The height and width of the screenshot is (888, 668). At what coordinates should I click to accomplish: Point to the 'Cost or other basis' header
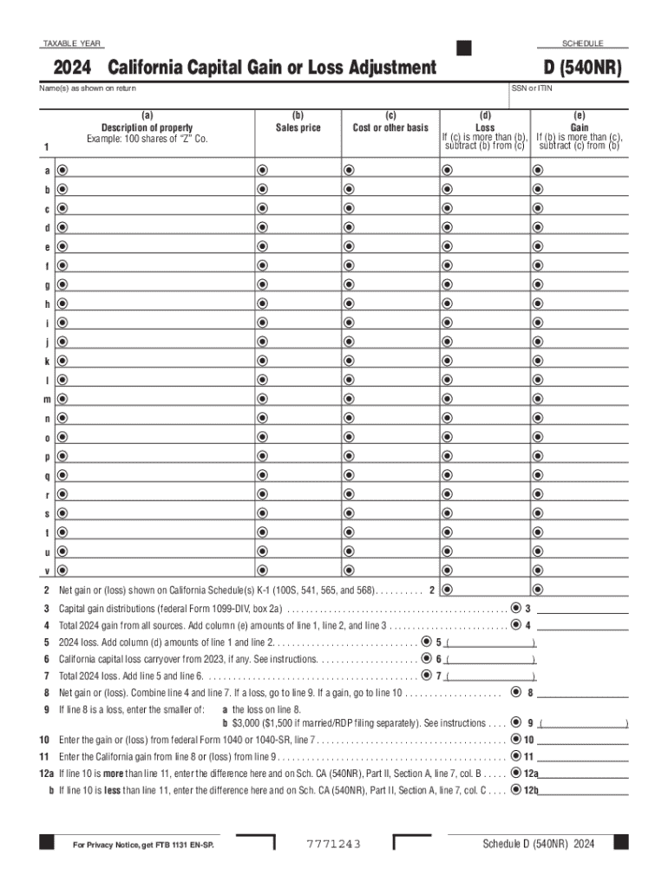(x=390, y=127)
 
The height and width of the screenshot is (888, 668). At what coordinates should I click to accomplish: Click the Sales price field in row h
(x=298, y=304)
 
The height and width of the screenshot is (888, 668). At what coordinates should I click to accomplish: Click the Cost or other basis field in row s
(x=390, y=513)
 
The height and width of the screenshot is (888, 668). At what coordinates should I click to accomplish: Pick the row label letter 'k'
(x=48, y=361)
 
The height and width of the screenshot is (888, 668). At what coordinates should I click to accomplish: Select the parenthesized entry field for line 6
(x=490, y=659)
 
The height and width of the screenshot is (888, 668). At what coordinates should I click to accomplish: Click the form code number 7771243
(x=333, y=845)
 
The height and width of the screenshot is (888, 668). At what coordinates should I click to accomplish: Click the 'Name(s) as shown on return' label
(x=88, y=88)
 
